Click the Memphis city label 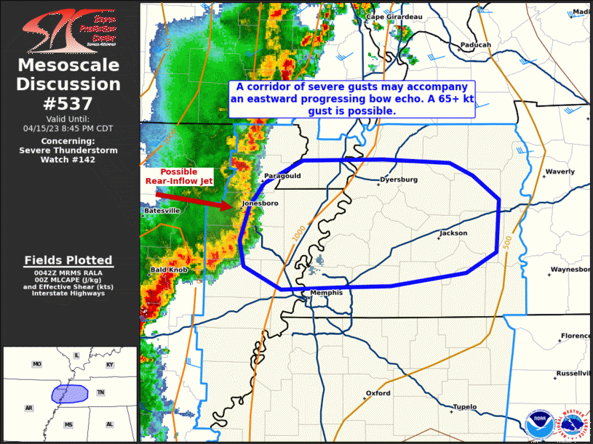pos(326,293)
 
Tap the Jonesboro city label pos(260,203)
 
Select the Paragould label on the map pos(282,176)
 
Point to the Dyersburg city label pos(399,179)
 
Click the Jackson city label pos(453,233)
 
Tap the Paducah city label pos(475,45)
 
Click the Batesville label pos(162,211)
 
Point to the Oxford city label pos(378,393)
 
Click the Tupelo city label pos(464,407)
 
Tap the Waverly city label pos(560,172)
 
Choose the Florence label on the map pos(575,336)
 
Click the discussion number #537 pos(69,103)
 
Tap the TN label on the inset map pos(102,392)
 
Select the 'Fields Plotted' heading pos(68,260)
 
